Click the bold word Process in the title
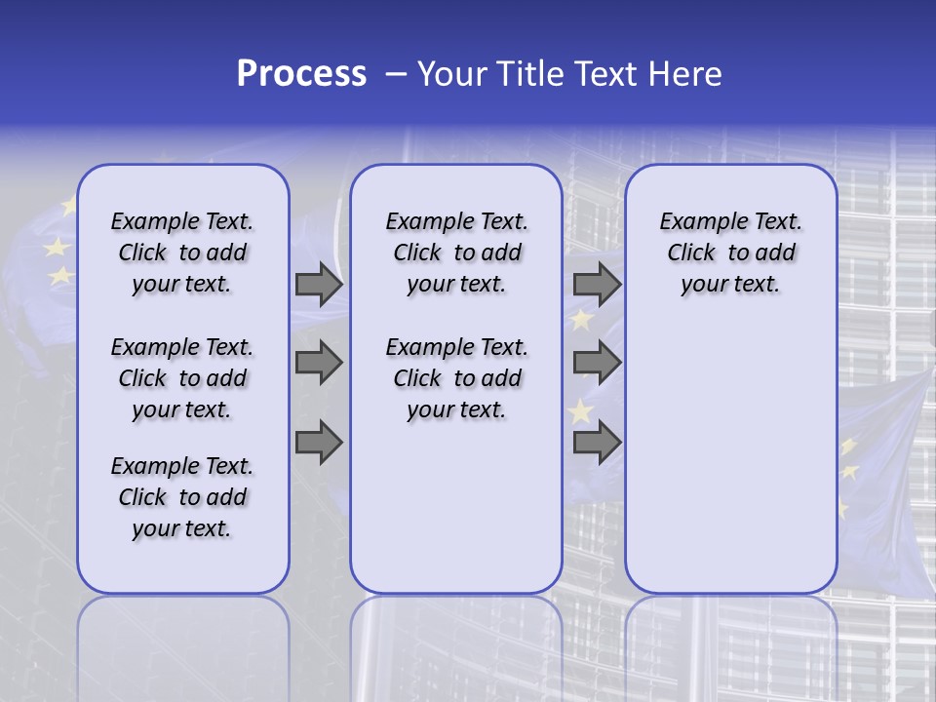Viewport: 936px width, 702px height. (x=301, y=74)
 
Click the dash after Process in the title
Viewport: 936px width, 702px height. (x=396, y=75)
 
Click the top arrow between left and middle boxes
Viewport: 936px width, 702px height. (x=319, y=285)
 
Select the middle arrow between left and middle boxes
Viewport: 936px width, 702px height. (x=319, y=363)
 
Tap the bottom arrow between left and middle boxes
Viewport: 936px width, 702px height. (x=319, y=443)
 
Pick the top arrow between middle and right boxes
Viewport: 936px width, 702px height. (x=597, y=285)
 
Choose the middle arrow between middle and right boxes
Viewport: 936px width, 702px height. (x=597, y=363)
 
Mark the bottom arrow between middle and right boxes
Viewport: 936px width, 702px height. (x=597, y=443)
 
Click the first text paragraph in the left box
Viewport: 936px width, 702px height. (x=182, y=253)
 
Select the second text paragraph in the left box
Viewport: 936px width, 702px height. (x=182, y=378)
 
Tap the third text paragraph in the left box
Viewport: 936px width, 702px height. (x=182, y=497)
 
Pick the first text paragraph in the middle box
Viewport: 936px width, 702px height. (x=456, y=253)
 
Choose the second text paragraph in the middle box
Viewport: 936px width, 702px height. (x=456, y=378)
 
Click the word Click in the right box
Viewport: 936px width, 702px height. (x=691, y=253)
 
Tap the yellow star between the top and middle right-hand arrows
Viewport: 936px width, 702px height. (x=582, y=320)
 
